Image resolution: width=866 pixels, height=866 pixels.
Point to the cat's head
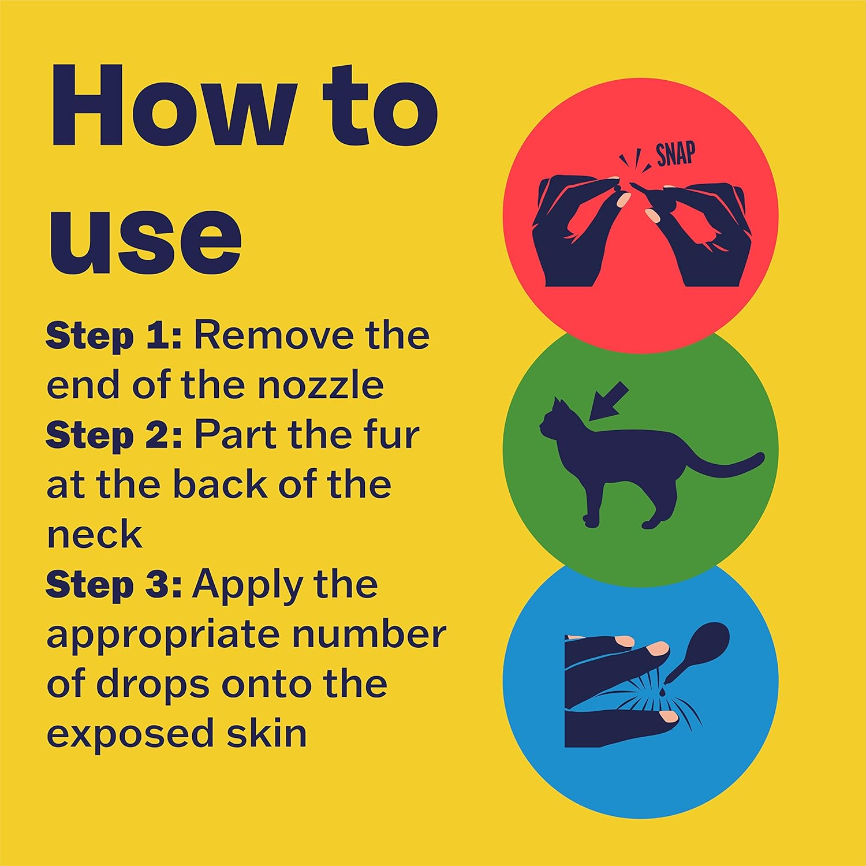coord(554,419)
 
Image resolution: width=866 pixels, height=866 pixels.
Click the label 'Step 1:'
coord(114,336)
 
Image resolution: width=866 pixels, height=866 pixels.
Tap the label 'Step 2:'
coord(114,435)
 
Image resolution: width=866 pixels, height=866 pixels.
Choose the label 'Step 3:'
coord(114,585)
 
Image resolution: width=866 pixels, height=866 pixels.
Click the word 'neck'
coord(94,535)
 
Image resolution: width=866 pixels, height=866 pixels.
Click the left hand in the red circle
coord(577,231)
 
